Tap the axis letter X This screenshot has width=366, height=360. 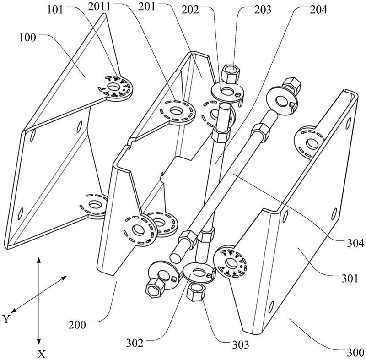click(40, 353)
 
